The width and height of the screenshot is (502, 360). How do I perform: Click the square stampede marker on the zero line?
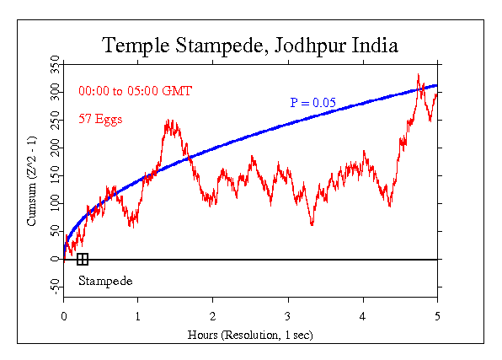(x=82, y=259)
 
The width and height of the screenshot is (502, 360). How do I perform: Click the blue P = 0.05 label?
(x=313, y=103)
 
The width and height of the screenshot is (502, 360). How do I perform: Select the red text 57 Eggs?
(x=100, y=120)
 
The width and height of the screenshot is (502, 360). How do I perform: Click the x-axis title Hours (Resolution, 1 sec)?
(x=250, y=335)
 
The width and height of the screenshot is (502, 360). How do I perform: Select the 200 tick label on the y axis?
(x=55, y=148)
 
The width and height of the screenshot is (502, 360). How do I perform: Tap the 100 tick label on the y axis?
(x=55, y=203)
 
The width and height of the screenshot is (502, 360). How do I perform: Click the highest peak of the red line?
(x=419, y=75)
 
